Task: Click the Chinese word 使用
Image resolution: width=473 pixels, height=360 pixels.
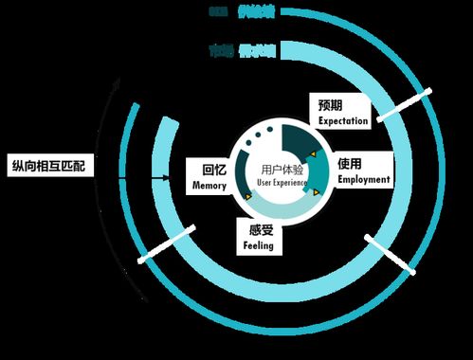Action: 352,163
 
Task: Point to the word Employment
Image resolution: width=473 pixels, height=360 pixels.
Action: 362,178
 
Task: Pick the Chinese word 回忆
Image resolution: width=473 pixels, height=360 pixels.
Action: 214,171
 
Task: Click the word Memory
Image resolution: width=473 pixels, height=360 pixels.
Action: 209,186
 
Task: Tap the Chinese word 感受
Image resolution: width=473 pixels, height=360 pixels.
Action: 259,229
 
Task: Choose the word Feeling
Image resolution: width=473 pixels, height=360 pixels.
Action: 258,245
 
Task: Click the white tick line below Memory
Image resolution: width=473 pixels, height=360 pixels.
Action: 167,243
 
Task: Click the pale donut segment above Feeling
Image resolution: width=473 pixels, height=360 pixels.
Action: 264,207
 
